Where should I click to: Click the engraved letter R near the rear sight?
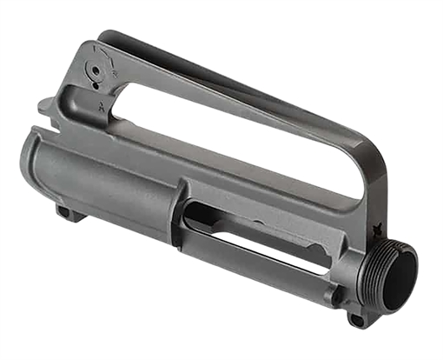coord(115,75)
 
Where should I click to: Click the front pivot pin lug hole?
coord(355,320)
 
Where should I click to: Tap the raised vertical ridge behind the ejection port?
coord(181,209)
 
